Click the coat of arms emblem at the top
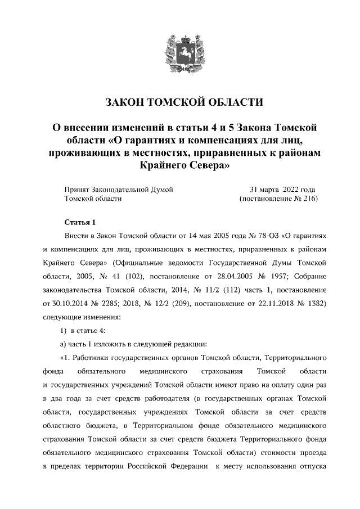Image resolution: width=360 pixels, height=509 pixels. pyautogui.click(x=181, y=52)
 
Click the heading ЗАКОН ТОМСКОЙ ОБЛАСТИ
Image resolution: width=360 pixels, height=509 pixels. pyautogui.click(x=184, y=102)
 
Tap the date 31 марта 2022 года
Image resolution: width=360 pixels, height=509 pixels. pyautogui.click(x=282, y=189)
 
